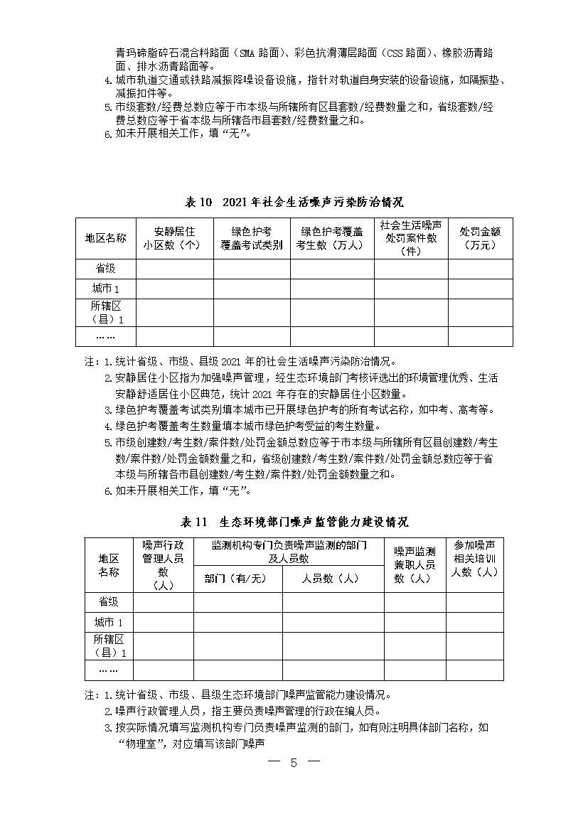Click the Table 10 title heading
(294, 202)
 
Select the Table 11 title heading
(294, 522)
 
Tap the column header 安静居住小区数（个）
(174, 238)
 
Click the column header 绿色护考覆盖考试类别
(252, 238)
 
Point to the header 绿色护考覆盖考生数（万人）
(332, 238)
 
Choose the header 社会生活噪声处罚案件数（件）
(411, 238)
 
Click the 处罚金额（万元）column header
(480, 238)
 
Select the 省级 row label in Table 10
(106, 269)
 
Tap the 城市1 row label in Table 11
(109, 622)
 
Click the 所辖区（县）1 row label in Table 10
(106, 313)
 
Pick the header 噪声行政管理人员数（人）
(163, 564)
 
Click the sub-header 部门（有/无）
(237, 579)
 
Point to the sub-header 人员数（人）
(333, 579)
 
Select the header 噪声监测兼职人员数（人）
(415, 564)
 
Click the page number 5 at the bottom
(294, 763)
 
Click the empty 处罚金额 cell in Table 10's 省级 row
(480, 269)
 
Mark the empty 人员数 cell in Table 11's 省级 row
(333, 601)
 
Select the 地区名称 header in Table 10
(106, 238)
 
